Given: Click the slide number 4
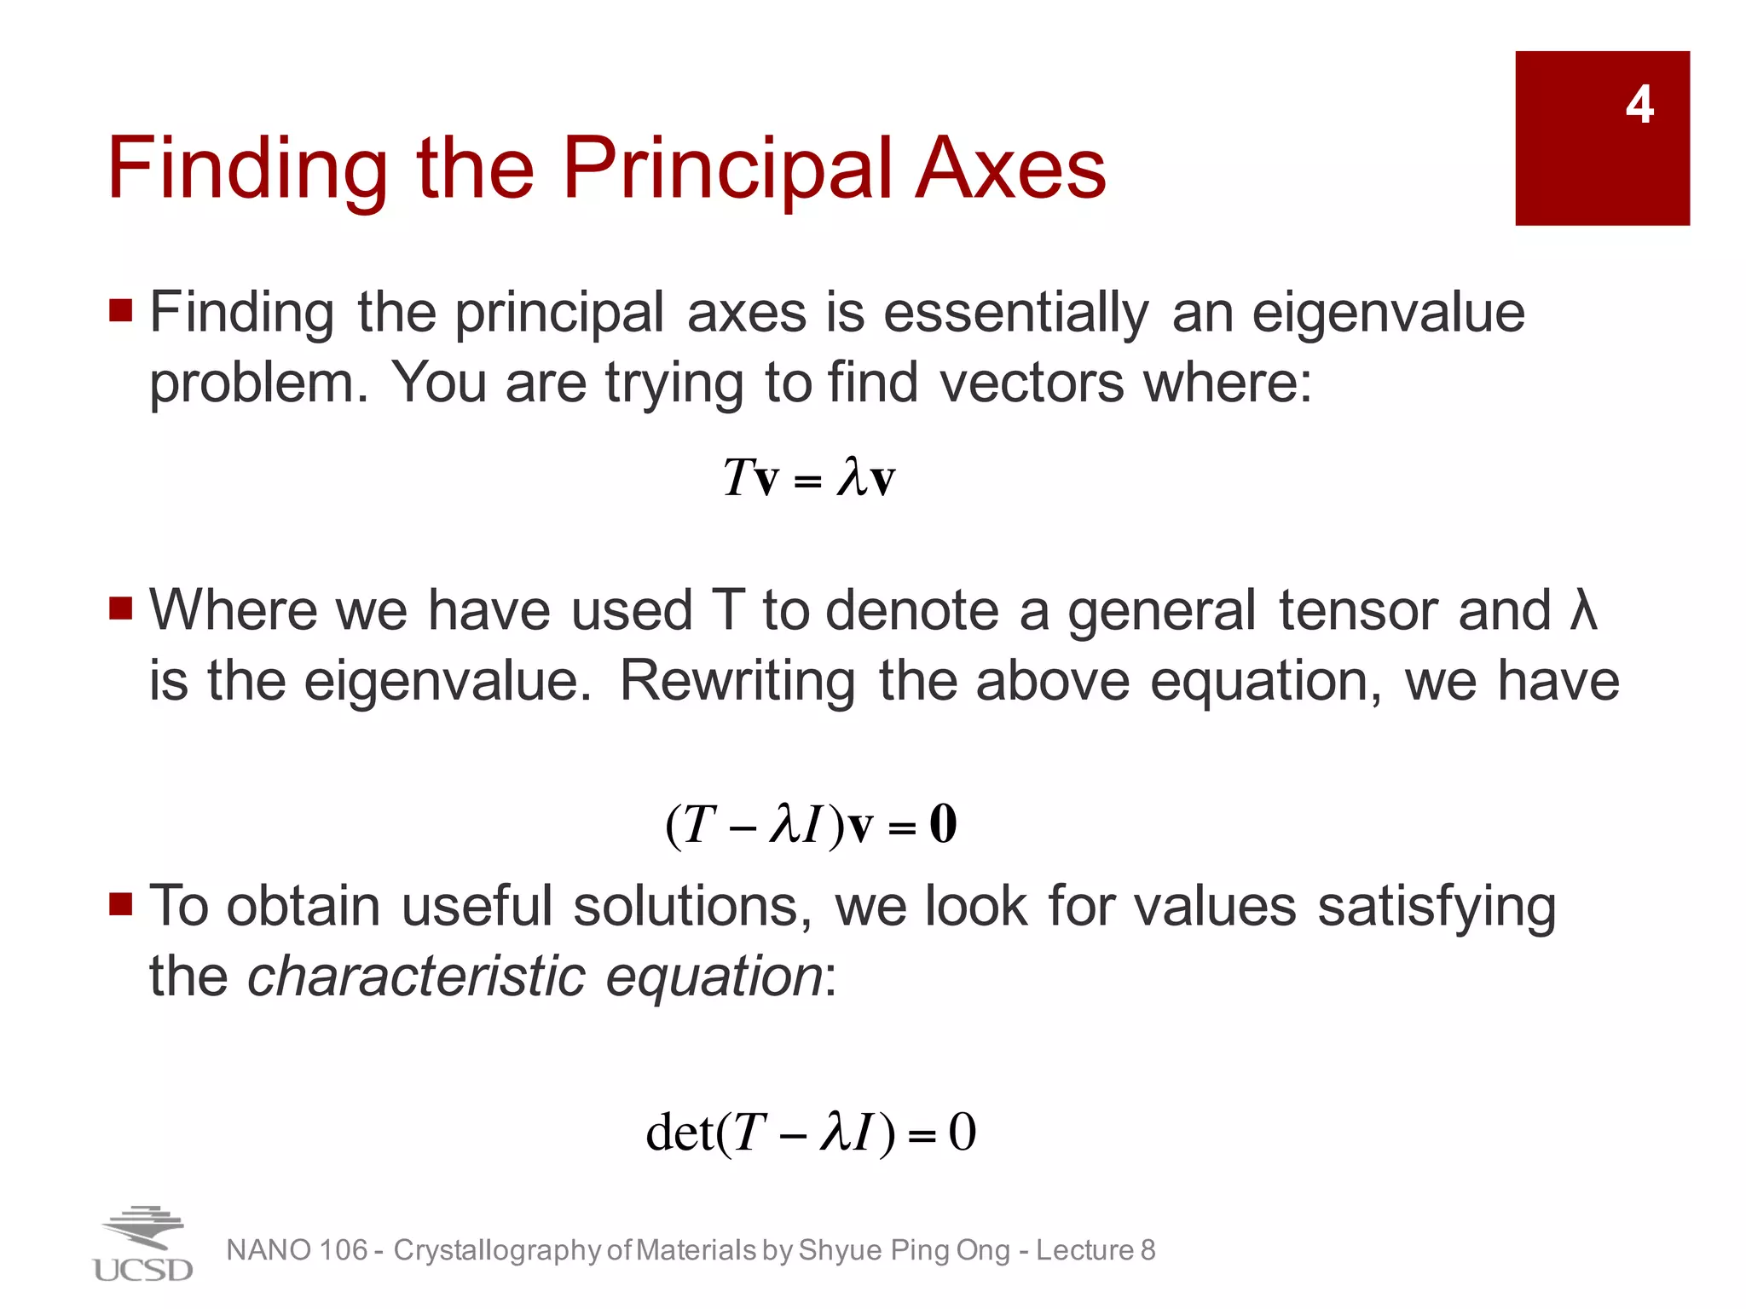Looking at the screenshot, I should coord(1639,106).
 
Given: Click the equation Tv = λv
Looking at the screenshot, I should coord(808,477).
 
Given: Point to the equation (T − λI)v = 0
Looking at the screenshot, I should coord(810,825).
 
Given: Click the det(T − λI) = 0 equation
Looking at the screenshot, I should coord(810,1133).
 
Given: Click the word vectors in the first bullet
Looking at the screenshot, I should coord(1032,383).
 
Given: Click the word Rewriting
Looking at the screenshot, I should coord(737,682).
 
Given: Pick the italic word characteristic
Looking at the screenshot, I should coord(416,977).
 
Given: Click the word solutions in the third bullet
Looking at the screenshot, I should coord(691,906).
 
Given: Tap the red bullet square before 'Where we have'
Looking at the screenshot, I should coord(121,608).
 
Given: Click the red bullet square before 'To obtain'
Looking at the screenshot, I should coord(121,903).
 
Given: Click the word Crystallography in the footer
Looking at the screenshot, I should coord(497,1250).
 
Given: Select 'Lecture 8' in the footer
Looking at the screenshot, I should coord(1096,1250).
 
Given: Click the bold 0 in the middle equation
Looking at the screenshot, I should coord(943,824).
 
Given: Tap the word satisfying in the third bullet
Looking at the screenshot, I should coord(1437,906).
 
